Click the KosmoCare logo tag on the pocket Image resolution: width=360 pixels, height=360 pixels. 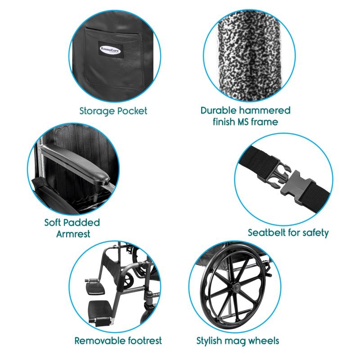coord(110,49)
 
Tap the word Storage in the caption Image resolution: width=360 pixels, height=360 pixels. coord(97,111)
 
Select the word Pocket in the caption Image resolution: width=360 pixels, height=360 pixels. coord(132,111)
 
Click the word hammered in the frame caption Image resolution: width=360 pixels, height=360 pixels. coord(265,110)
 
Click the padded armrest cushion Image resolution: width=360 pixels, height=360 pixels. coord(76,163)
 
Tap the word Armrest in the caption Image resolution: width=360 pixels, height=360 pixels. coord(73,234)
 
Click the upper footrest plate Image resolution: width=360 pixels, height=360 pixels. coord(94,287)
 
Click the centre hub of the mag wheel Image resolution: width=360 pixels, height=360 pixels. coord(236,287)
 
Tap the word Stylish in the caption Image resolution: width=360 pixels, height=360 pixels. coord(209,341)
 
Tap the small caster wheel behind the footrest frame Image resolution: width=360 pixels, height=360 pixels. coord(129,279)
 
